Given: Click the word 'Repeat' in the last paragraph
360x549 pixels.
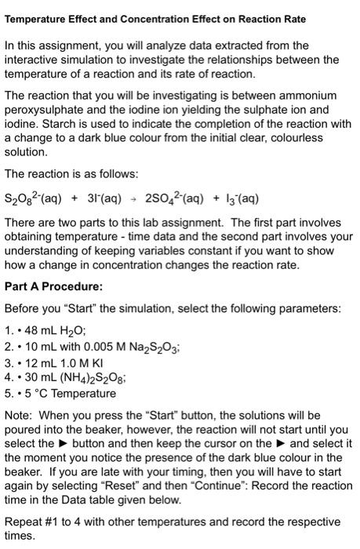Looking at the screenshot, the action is tap(24, 522).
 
